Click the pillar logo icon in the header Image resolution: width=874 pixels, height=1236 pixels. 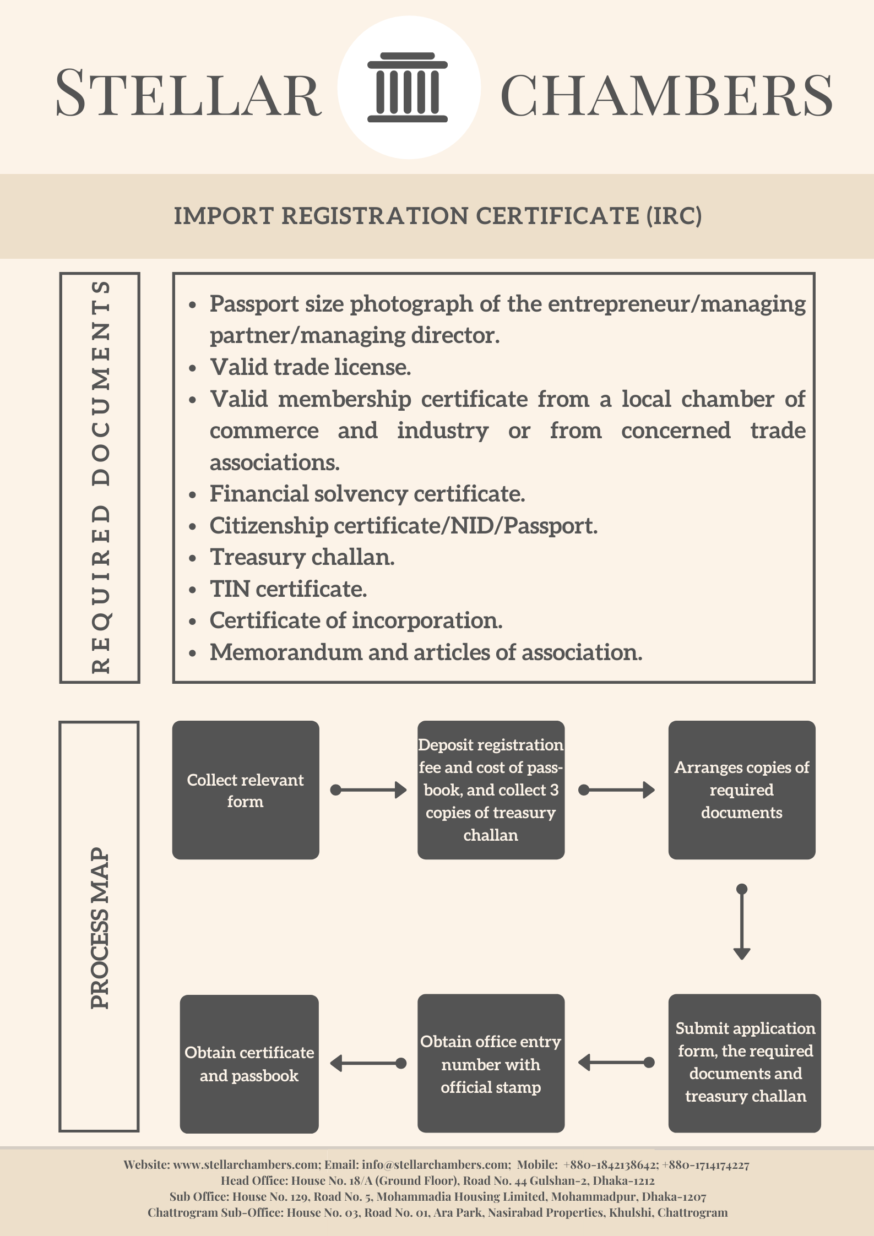[x=408, y=88]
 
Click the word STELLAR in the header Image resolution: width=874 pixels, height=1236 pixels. [x=188, y=92]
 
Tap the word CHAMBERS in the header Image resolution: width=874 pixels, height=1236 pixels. [x=666, y=95]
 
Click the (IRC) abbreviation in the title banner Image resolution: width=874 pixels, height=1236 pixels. [x=674, y=215]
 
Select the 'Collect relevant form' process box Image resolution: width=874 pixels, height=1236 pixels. [x=246, y=789]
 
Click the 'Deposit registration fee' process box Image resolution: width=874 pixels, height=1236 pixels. [x=491, y=789]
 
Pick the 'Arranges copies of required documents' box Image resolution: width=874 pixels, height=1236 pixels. [x=742, y=789]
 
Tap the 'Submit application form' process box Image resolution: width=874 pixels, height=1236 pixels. [x=745, y=1063]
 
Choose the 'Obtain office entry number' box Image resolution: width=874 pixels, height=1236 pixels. [x=491, y=1063]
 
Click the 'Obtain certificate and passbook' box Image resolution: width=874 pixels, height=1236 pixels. [x=249, y=1064]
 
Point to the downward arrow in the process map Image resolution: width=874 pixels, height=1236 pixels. [x=742, y=922]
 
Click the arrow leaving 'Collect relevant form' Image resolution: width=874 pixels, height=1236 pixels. [x=368, y=790]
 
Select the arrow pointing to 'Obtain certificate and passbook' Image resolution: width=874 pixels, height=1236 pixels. [x=368, y=1063]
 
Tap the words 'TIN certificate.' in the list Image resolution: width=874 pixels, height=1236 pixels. [x=288, y=589]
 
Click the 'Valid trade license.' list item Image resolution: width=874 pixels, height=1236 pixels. [x=311, y=367]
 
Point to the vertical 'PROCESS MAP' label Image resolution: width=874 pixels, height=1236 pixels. [x=100, y=927]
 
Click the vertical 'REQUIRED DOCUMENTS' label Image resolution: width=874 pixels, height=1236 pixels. [x=101, y=477]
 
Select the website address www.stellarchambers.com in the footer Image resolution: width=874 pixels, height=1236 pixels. [x=246, y=1164]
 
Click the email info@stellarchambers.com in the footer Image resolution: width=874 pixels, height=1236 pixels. [x=436, y=1164]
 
